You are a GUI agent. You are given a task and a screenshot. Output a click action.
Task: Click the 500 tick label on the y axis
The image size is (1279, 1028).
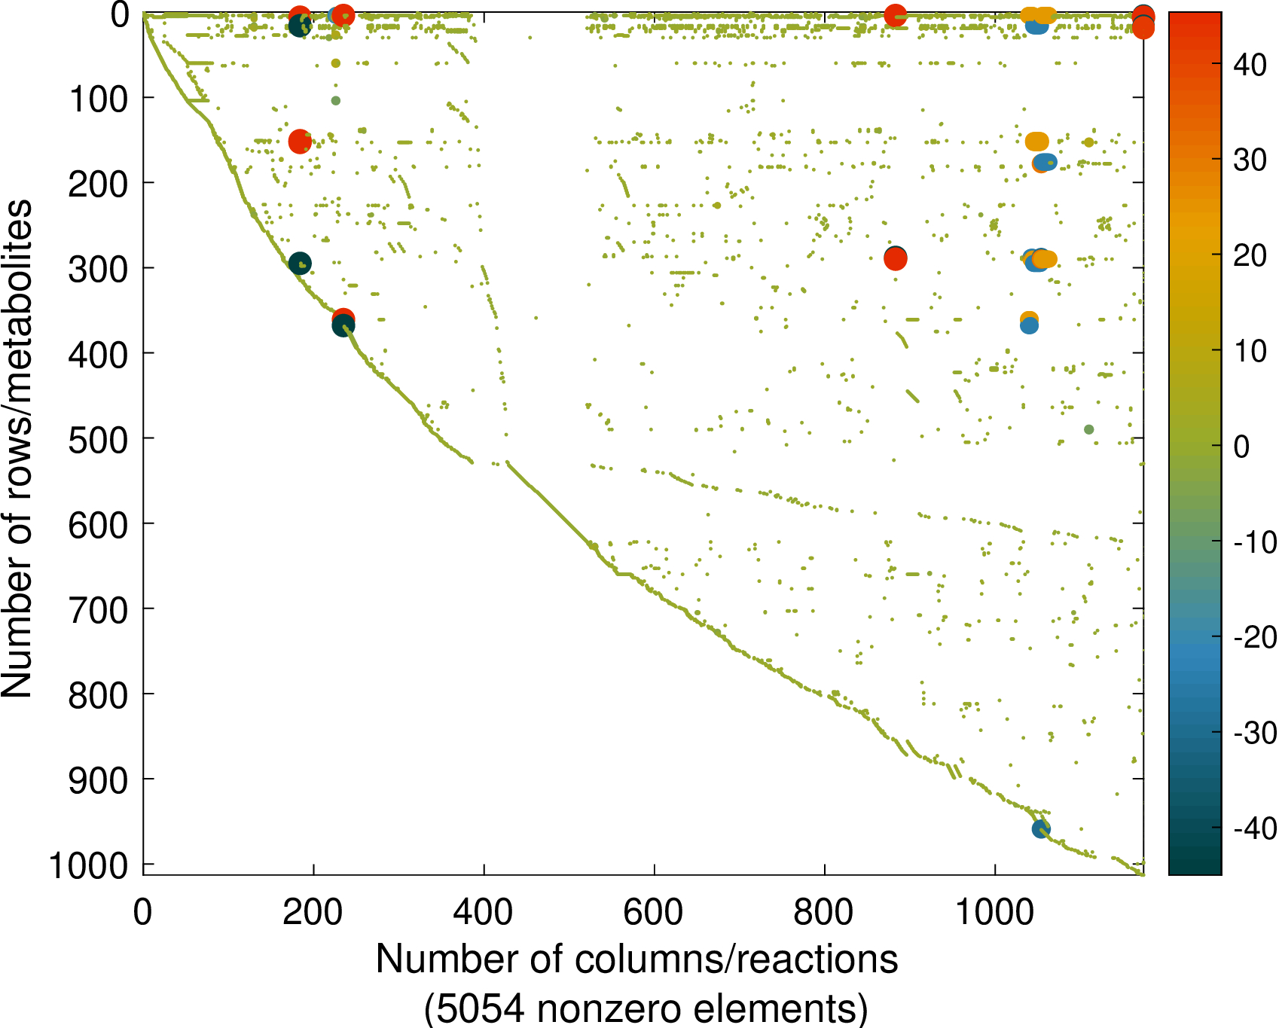point(98,439)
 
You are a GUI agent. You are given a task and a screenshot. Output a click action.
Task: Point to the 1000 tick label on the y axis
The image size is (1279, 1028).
point(89,865)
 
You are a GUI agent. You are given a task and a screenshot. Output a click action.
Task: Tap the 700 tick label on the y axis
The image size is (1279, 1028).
point(98,610)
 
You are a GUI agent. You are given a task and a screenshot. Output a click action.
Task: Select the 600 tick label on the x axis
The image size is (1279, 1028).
point(654,913)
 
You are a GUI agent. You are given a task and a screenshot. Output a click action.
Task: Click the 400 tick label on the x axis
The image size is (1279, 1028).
point(483,913)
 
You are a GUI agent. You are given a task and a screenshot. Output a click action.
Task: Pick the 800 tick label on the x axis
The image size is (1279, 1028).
point(824,913)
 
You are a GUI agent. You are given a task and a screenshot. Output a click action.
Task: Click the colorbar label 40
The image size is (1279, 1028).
point(1250,65)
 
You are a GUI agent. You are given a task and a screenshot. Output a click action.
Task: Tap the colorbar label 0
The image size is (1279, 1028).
point(1242,447)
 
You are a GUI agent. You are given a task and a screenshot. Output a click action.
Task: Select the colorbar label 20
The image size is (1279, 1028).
point(1250,255)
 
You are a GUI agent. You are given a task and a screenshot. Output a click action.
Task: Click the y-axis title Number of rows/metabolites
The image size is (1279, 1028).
point(17,448)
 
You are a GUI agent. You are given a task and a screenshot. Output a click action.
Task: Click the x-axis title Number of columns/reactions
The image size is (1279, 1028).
point(637,959)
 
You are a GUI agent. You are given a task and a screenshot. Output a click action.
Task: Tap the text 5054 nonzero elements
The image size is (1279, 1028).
point(646,1008)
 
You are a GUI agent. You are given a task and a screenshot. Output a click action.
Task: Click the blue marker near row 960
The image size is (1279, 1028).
point(1041,829)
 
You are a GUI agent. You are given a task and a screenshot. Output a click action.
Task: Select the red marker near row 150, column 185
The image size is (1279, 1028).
point(300,141)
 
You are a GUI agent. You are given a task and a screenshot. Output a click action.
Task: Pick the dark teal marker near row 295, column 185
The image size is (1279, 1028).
point(300,263)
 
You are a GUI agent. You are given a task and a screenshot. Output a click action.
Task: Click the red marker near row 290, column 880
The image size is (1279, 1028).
point(895,259)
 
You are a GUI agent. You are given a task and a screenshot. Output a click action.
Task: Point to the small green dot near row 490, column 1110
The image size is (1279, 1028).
point(1088,429)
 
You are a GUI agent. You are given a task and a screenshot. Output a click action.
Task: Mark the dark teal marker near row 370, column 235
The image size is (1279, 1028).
point(343,326)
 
